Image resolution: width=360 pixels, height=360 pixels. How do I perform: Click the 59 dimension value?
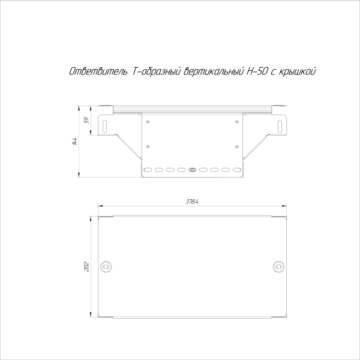(x=86, y=121)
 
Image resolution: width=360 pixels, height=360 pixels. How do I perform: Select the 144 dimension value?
(x=75, y=142)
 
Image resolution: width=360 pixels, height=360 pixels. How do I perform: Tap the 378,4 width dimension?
(x=192, y=202)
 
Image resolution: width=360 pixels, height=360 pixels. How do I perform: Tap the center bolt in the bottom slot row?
(x=192, y=170)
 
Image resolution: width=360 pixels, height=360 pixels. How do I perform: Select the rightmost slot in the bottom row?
(x=236, y=170)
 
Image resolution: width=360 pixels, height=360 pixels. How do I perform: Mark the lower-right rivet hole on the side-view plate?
(x=237, y=146)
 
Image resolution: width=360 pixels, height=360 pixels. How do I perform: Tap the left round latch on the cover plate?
(x=107, y=266)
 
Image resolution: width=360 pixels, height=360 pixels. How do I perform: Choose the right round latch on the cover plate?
(x=278, y=266)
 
